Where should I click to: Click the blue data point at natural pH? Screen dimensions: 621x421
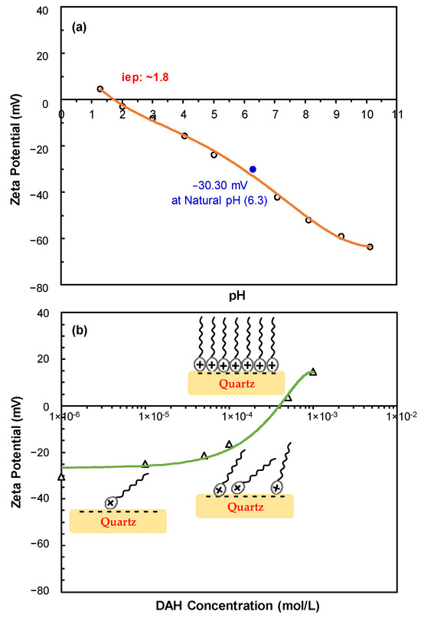[x=253, y=168]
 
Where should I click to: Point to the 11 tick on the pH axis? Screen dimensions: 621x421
[x=397, y=113]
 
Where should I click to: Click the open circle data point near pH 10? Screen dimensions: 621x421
[x=370, y=247]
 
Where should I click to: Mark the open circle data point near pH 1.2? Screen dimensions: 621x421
[x=100, y=89]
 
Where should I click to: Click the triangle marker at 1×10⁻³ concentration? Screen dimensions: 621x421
[x=312, y=372]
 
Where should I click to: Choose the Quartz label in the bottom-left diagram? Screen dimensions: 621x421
[x=117, y=522]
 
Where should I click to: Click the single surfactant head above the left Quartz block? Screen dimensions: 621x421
[x=111, y=502]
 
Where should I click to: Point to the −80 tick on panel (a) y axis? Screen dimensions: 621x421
[x=45, y=287]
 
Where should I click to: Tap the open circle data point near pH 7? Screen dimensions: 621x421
[x=277, y=198]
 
